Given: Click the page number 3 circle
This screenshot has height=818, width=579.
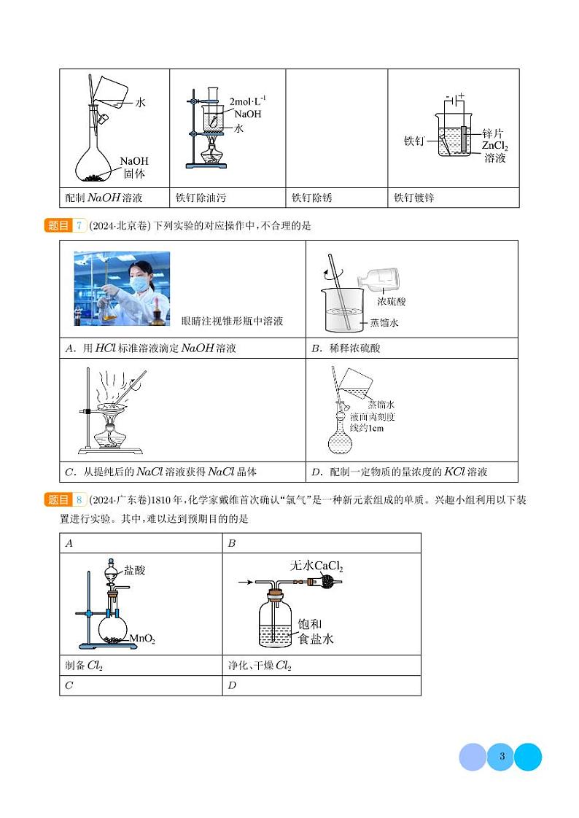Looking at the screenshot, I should pos(501,757).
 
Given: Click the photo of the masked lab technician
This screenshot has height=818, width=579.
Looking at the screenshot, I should pos(122,288).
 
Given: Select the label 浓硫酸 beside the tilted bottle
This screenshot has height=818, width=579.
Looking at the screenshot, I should pos(392,300).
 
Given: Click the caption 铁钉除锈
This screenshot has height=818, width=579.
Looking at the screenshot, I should pos(311,198).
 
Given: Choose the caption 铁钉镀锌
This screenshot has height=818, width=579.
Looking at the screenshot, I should pos(413,198).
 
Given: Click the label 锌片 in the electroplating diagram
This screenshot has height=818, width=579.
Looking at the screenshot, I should pos(493,134).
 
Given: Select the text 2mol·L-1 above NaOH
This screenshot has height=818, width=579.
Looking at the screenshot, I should pos(248,101).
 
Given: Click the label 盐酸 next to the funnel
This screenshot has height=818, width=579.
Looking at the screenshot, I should pos(135,570).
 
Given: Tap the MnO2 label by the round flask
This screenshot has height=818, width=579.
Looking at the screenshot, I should pos(142,639).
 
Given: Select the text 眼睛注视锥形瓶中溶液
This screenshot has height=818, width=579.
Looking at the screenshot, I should pos(232,321).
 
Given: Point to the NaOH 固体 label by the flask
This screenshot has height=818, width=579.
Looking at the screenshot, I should pos(134,167).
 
